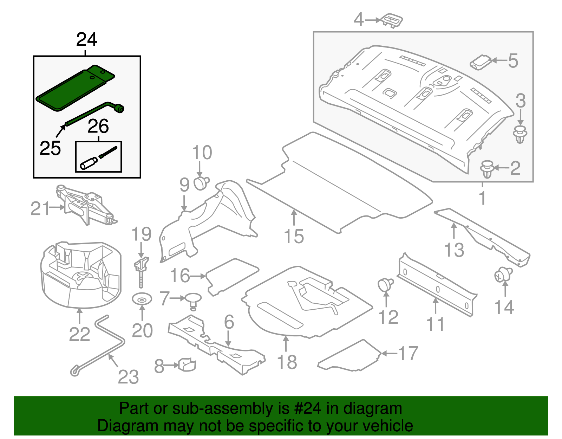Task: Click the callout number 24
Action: click(x=86, y=40)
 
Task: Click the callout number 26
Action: click(x=98, y=127)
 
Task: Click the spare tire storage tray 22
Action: click(x=81, y=274)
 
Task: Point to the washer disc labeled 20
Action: click(x=142, y=300)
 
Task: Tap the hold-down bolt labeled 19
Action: click(x=141, y=271)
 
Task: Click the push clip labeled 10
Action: click(x=201, y=183)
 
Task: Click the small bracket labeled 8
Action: click(x=187, y=364)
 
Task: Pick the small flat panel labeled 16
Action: click(x=232, y=276)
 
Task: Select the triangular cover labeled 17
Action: click(x=351, y=357)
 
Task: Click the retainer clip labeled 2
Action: click(x=487, y=169)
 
